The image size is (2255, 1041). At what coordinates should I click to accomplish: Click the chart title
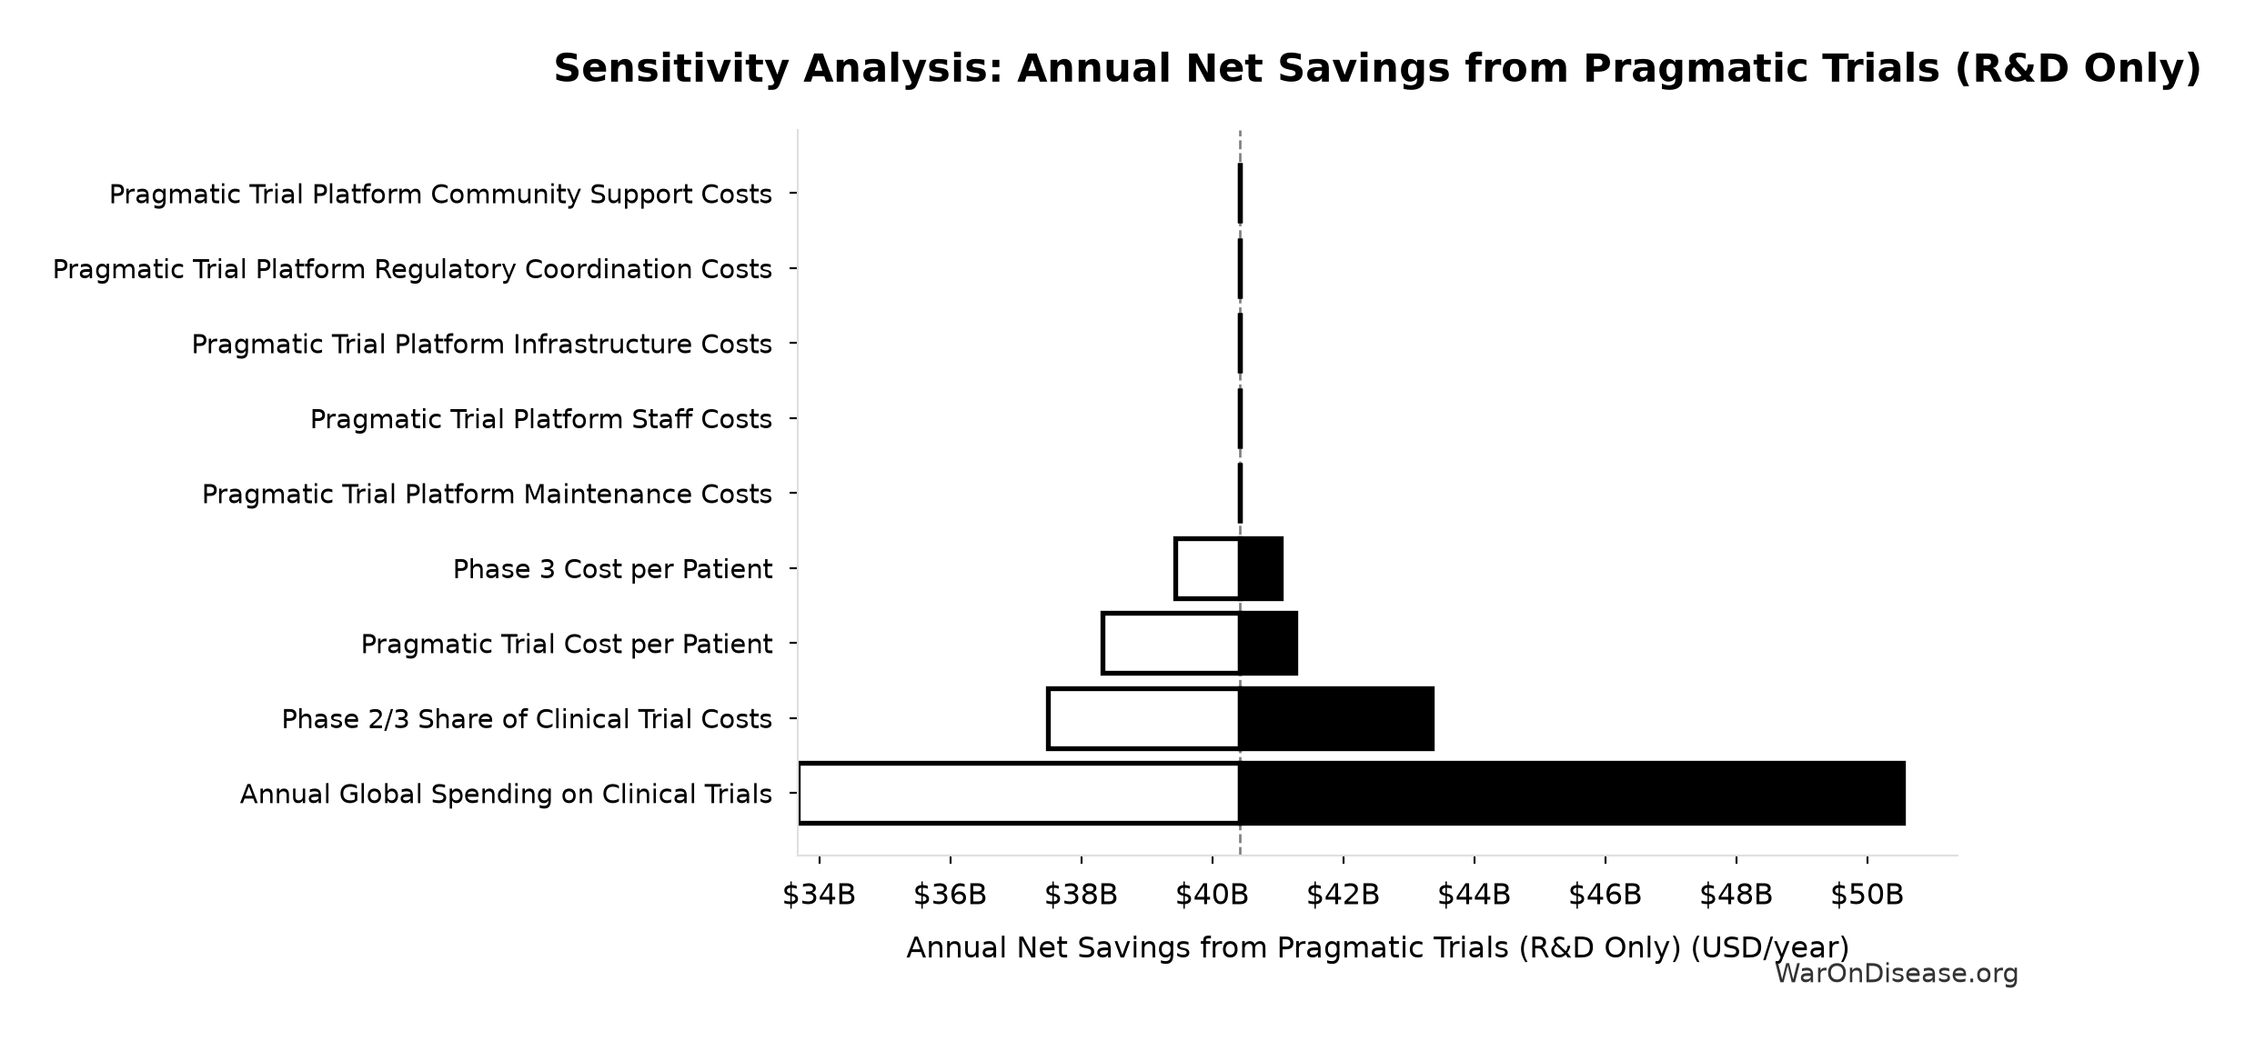click(x=1377, y=69)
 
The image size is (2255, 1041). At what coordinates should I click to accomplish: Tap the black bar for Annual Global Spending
click(x=1572, y=794)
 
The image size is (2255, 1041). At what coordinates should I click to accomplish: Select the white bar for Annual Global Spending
click(x=1019, y=794)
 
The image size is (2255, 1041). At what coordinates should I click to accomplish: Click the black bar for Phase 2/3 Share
click(x=1336, y=719)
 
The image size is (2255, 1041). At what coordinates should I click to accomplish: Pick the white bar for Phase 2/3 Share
click(x=1143, y=719)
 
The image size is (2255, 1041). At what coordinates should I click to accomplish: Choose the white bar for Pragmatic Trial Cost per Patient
click(x=1171, y=644)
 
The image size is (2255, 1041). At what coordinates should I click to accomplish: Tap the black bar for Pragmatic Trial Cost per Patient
click(x=1268, y=644)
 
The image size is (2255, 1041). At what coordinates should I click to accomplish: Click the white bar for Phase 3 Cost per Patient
click(x=1207, y=569)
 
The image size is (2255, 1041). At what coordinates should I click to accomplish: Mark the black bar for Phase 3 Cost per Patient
click(x=1261, y=569)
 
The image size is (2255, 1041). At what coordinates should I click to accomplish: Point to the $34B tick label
click(x=819, y=896)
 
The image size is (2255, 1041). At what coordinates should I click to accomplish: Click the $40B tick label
click(x=1212, y=896)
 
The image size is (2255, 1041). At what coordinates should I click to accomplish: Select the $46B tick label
click(x=1605, y=896)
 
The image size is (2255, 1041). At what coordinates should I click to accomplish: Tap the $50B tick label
click(x=1867, y=896)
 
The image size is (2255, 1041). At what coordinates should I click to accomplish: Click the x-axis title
click(x=1377, y=948)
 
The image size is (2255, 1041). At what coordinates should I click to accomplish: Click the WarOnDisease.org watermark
click(x=1896, y=975)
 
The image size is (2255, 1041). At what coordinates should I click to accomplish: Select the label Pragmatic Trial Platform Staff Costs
click(x=541, y=419)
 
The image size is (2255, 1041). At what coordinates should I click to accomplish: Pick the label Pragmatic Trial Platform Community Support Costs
click(x=440, y=195)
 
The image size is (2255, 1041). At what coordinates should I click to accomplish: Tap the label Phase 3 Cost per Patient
click(x=612, y=569)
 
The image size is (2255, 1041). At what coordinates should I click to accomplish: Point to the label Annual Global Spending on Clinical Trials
click(x=506, y=794)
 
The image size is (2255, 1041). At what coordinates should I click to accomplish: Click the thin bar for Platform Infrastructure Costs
click(x=1240, y=344)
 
